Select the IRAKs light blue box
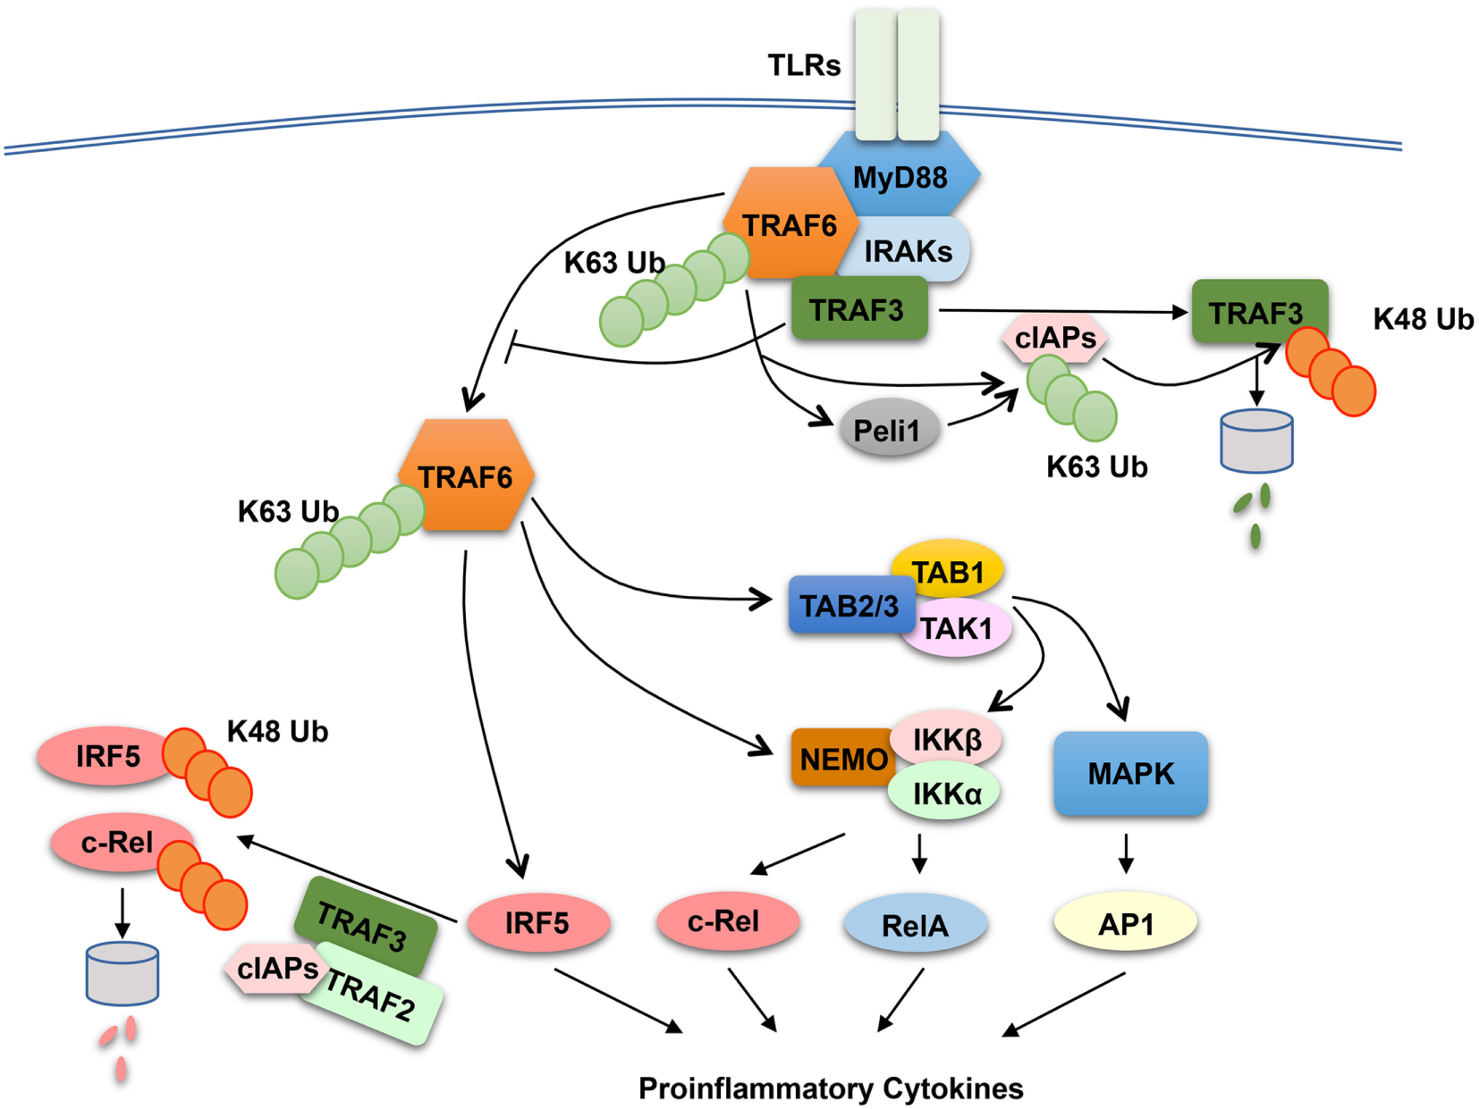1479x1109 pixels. tap(908, 251)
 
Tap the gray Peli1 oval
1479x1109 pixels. tap(887, 430)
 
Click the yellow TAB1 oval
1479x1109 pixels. tap(948, 570)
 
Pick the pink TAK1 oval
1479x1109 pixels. tap(957, 629)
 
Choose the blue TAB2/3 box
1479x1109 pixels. tap(849, 606)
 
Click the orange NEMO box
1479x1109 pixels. tap(841, 759)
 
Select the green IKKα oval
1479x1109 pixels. tap(946, 793)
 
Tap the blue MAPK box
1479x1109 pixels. tap(1130, 773)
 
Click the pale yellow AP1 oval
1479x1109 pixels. tap(1125, 923)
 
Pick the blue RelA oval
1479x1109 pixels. tap(915, 925)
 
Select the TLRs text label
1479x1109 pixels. tap(804, 65)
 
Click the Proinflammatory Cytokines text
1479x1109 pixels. tap(831, 1088)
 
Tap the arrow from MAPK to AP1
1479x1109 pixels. tap(1126, 853)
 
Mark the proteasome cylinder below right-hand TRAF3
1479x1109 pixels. tap(1256, 441)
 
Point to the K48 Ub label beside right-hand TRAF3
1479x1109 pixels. tap(1423, 319)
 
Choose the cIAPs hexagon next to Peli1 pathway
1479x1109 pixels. tap(1055, 338)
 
